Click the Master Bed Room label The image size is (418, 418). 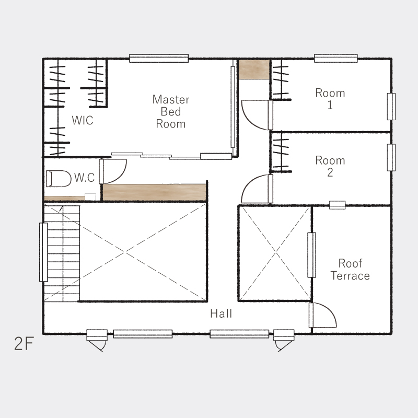point(171,112)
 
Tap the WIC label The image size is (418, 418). point(83,121)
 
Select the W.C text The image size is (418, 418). point(84,178)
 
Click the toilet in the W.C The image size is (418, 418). point(59,179)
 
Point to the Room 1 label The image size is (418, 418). point(330,99)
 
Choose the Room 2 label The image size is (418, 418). point(330,166)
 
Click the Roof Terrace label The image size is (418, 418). point(350,270)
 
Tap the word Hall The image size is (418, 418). point(221,313)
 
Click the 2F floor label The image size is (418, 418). point(24,344)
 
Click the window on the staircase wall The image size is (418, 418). point(43,252)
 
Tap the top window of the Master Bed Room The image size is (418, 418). point(159,58)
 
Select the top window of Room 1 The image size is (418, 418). point(336,58)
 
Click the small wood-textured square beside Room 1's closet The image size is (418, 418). point(254,69)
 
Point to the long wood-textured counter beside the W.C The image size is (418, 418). point(154,192)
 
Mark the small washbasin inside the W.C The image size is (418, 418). point(90,197)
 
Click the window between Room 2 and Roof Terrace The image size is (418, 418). point(337,205)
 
